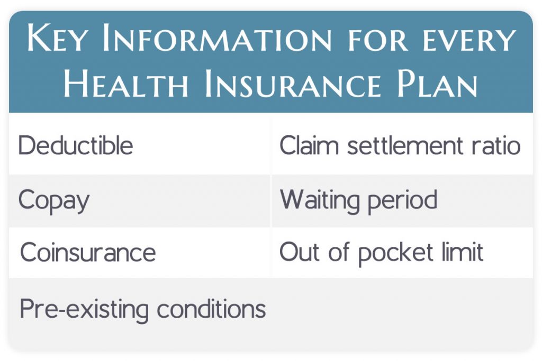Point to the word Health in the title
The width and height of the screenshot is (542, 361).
(127, 85)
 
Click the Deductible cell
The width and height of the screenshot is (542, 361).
(76, 145)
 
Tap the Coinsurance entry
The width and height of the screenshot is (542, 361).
(88, 253)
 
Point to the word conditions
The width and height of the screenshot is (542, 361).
(211, 308)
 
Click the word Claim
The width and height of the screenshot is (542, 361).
(309, 145)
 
